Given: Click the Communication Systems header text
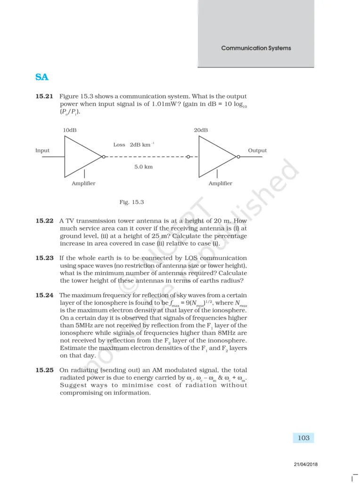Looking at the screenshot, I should [256, 48].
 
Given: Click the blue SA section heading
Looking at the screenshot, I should [42, 77].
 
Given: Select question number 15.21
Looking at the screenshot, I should [45, 97].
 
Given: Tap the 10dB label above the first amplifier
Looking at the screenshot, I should [70, 130].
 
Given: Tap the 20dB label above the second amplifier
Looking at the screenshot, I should [201, 130].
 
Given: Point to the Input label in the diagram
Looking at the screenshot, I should [42, 150].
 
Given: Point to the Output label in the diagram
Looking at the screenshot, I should [257, 150].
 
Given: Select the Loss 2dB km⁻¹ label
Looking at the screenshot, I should [134, 145].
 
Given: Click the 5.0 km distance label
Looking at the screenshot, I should [143, 167].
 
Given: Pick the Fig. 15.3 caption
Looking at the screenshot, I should [131, 202].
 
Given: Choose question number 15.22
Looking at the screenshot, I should [45, 221].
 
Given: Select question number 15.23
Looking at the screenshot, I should [45, 258].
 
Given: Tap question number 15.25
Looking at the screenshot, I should [45, 370].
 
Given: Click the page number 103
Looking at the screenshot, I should [304, 438].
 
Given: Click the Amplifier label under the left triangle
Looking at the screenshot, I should [83, 183].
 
